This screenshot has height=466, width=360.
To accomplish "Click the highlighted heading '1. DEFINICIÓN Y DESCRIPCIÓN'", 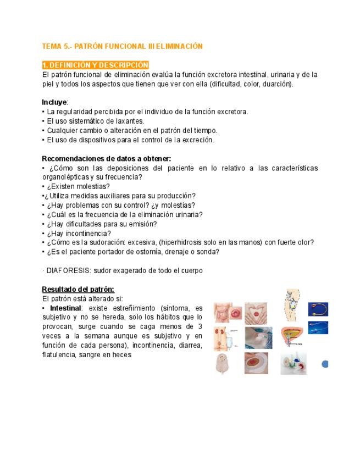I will (x=95, y=65).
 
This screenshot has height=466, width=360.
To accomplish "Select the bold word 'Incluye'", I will (x=54, y=102).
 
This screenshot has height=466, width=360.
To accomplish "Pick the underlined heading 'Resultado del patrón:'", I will (x=78, y=290).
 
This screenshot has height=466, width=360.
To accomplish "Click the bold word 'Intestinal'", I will (x=64, y=308).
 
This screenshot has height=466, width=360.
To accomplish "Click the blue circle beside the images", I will (x=324, y=363).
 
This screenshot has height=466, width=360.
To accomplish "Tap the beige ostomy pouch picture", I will (x=225, y=363).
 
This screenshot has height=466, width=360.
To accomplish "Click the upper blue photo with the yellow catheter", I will (x=318, y=308).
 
